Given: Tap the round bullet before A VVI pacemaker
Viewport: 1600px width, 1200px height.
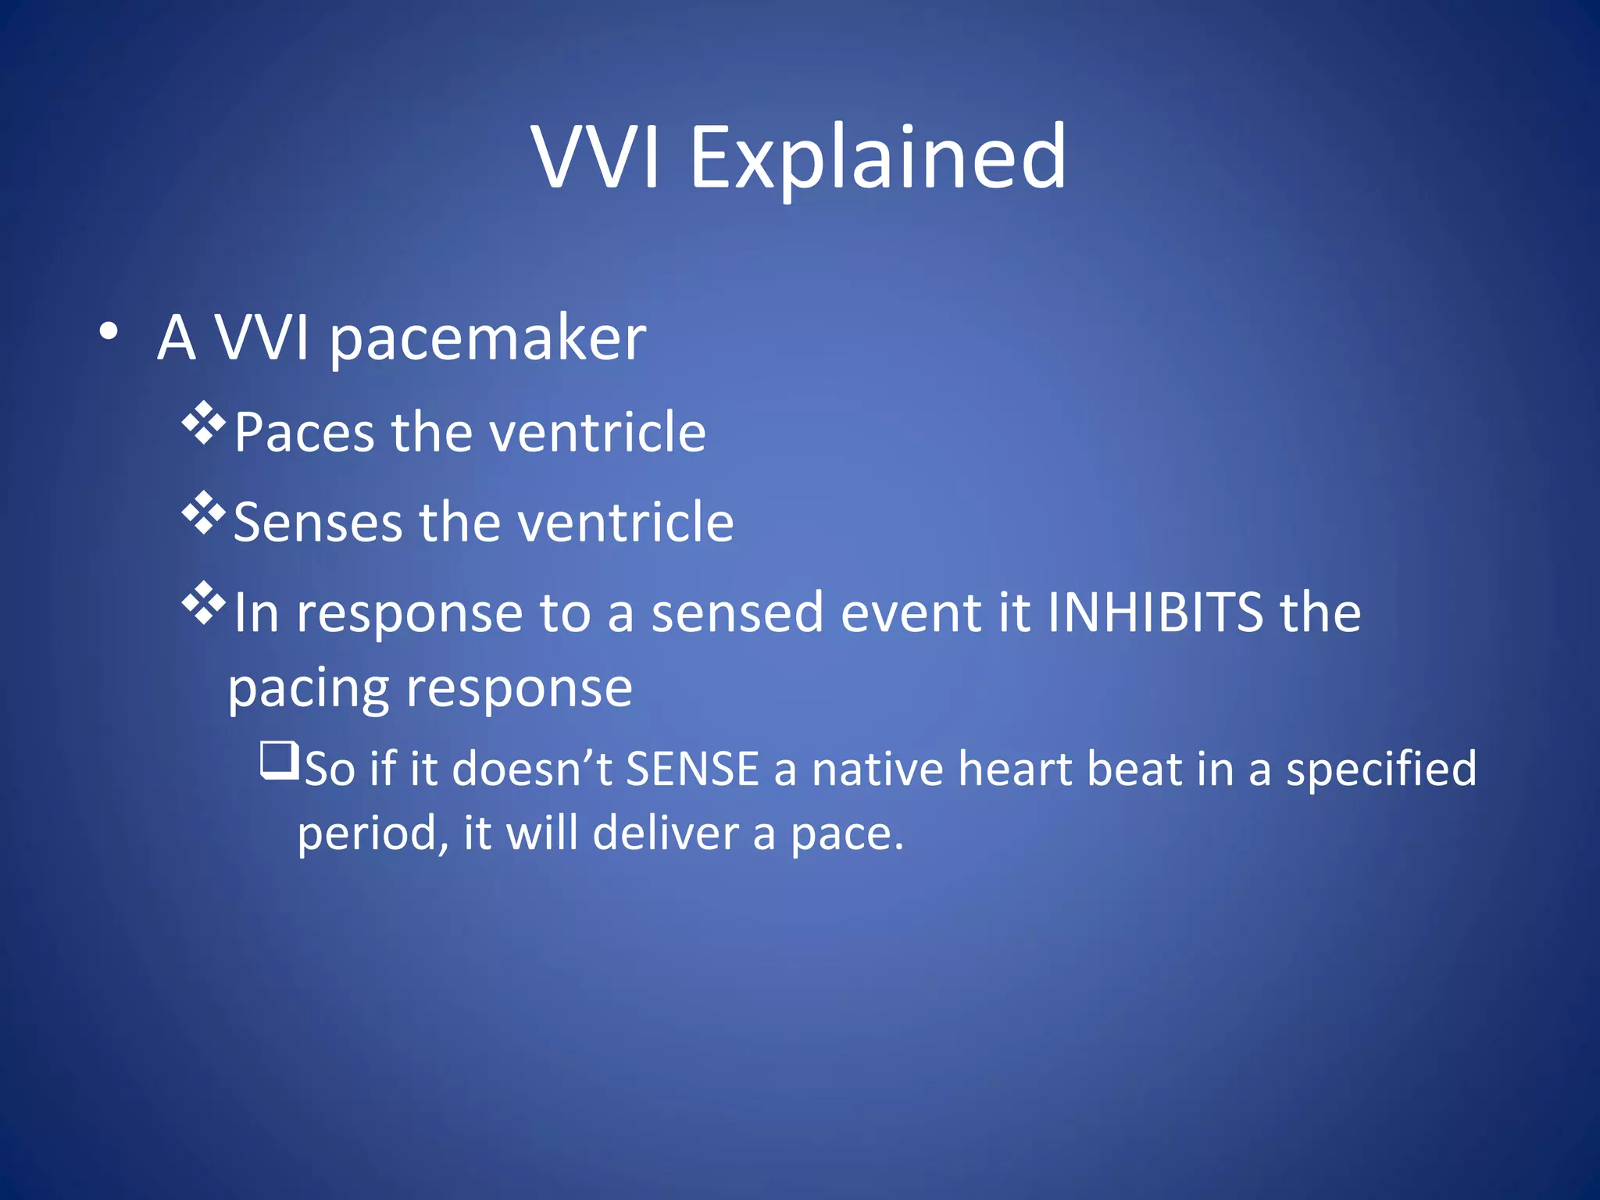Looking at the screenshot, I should (x=109, y=331).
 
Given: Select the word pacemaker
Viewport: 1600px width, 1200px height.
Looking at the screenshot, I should (x=487, y=340).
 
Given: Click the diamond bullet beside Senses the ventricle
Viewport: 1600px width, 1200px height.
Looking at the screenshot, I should (x=203, y=513).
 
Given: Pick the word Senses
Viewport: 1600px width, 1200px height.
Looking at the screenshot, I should (x=317, y=522).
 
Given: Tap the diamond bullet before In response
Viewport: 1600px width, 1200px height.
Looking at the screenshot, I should (x=203, y=603).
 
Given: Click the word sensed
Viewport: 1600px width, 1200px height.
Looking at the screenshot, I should (x=737, y=612).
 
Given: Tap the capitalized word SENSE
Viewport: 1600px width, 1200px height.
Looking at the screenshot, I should (x=692, y=769).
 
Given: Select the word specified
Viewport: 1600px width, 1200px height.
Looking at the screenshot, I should (x=1380, y=769).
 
